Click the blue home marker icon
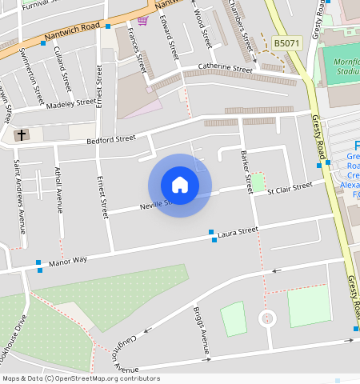[x=180, y=185]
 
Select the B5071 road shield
[x=286, y=43]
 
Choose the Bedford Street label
[x=111, y=139]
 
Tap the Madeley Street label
[x=70, y=104]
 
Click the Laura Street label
[x=238, y=231]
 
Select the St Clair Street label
[x=290, y=189]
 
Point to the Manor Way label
[x=67, y=261]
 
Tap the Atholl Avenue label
[x=58, y=190]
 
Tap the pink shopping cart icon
[x=142, y=21]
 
